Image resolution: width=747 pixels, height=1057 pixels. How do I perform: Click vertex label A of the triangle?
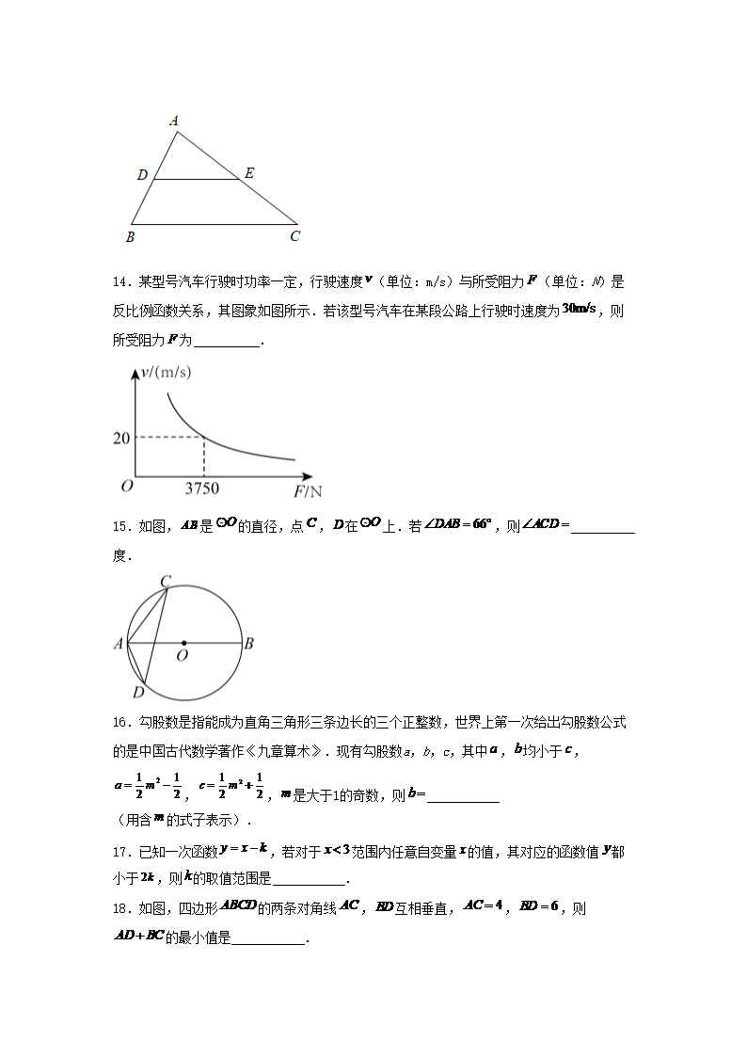point(174,120)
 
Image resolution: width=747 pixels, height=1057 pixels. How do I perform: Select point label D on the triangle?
point(142,175)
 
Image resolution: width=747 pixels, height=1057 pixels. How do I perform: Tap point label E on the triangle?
point(248,173)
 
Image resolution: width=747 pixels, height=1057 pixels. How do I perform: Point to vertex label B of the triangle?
point(130,237)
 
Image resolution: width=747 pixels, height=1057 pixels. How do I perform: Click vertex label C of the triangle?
point(294,237)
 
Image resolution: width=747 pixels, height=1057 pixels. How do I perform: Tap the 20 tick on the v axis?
point(121,439)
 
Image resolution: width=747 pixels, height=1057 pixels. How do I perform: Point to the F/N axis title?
point(308,491)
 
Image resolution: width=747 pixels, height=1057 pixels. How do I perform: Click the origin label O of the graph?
point(126,487)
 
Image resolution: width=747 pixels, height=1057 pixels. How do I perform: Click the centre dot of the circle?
point(183,644)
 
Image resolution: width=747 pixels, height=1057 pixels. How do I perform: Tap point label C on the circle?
point(165,582)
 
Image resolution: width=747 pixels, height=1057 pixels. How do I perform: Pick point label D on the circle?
point(137,693)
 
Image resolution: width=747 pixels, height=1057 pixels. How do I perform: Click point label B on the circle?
point(248,645)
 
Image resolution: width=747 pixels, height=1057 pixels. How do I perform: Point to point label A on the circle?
point(119,645)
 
